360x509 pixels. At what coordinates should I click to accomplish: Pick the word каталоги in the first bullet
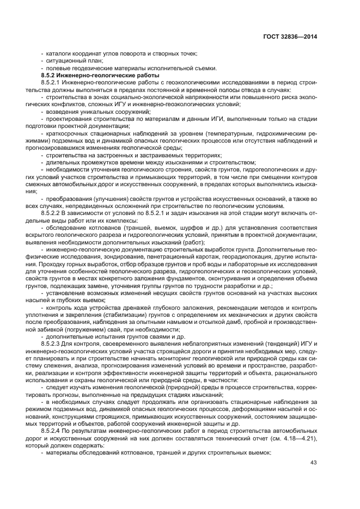tap(59, 53)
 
